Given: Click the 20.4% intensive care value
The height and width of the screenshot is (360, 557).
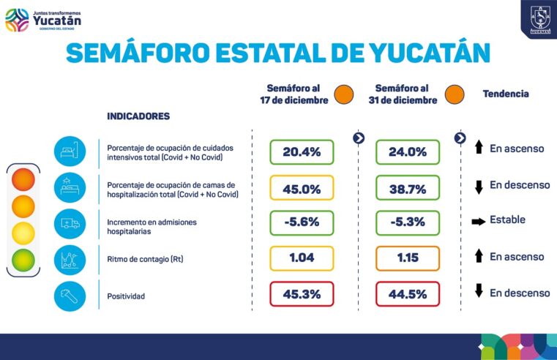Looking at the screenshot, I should point(302,152).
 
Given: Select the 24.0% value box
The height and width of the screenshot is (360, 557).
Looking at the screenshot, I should point(407,152).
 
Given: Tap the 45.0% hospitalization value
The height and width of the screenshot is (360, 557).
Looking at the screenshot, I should point(302,188).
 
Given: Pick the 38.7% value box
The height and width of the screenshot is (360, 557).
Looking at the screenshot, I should point(407,188).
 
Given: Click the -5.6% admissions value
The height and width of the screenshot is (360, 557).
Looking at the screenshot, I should point(302,222).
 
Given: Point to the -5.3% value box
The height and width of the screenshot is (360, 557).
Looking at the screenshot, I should point(407,222).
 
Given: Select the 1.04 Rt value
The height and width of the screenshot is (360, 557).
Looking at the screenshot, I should point(302,258).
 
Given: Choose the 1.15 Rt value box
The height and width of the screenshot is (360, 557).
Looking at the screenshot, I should point(407,258).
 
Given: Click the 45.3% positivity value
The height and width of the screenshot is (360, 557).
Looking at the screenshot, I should point(302,293).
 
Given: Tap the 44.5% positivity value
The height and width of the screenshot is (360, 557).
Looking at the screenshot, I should point(407,293).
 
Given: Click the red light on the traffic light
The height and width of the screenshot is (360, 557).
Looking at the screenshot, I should point(23,179).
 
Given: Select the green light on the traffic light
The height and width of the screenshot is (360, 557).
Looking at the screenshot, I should point(23,259).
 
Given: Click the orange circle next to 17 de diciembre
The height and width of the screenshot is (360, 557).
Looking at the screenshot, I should point(343,94).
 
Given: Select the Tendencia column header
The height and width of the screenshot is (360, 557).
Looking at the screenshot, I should point(505,94).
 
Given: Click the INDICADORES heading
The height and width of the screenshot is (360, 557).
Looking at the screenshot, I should point(138,116).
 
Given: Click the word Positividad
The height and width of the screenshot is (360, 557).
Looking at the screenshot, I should point(127,296).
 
